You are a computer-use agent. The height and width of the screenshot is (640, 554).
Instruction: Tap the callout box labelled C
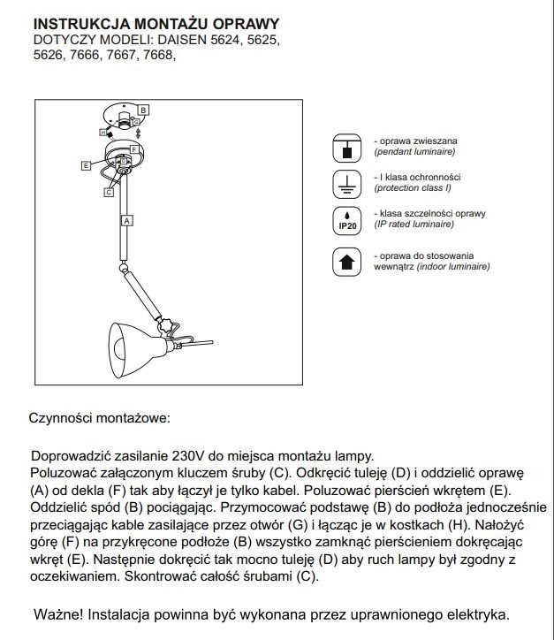[x=109, y=191]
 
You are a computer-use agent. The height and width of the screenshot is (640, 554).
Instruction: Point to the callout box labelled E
[x=85, y=165]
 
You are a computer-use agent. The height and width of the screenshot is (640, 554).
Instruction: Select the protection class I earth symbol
[x=346, y=183]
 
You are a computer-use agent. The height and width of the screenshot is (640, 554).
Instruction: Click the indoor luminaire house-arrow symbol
[x=346, y=262]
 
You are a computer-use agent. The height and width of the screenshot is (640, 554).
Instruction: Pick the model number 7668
[x=156, y=56]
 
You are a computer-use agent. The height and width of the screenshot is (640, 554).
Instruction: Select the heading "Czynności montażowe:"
[x=99, y=416]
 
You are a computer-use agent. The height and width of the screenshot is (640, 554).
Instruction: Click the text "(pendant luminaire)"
[x=414, y=152]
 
